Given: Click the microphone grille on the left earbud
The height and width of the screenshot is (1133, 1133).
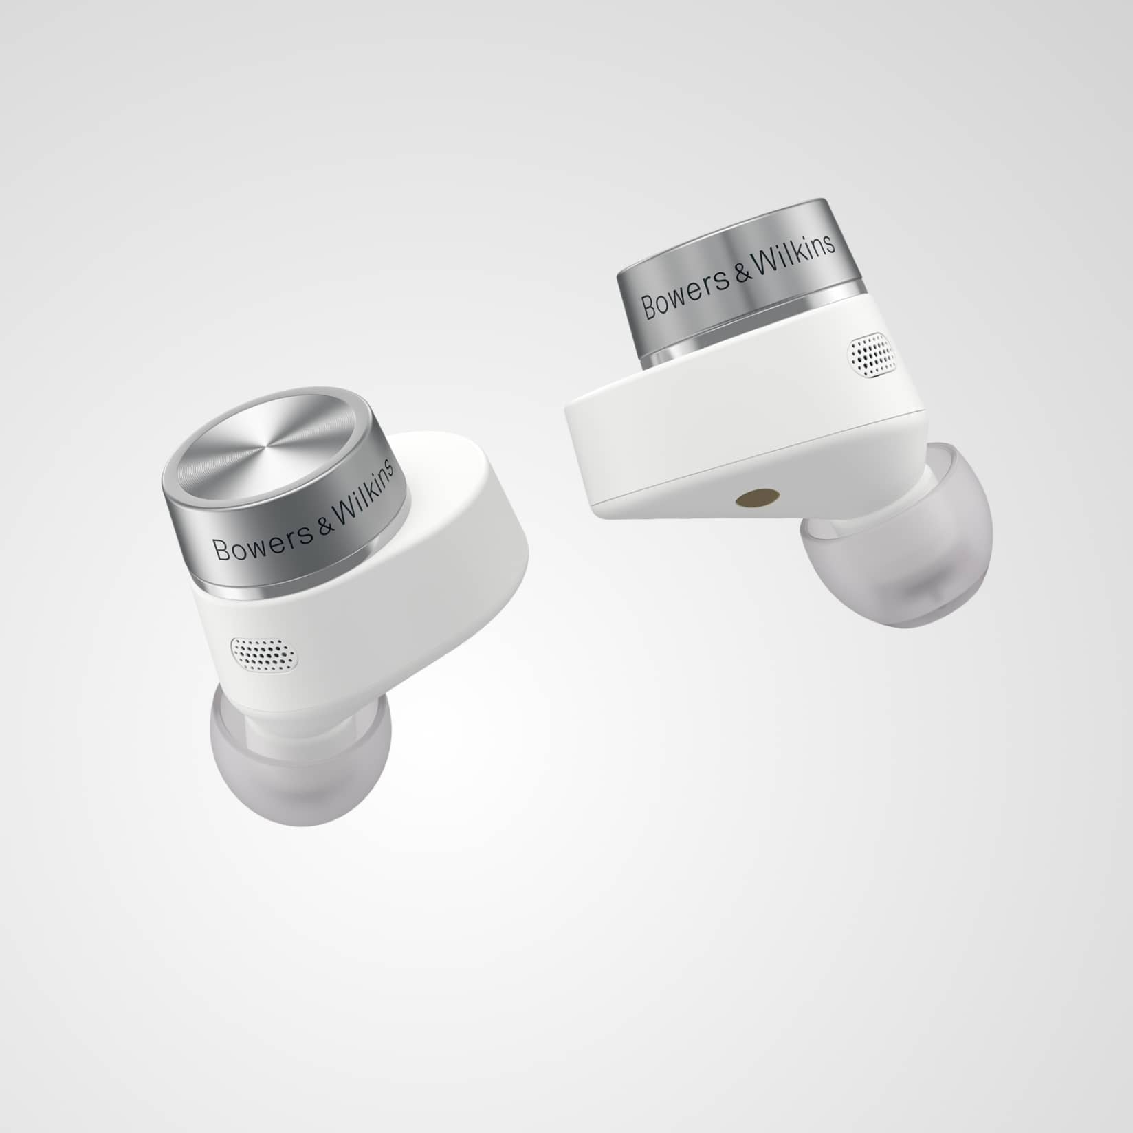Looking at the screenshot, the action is click(x=265, y=652).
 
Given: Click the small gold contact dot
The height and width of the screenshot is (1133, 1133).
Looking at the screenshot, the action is click(x=747, y=498).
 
